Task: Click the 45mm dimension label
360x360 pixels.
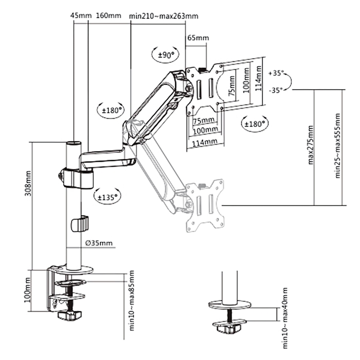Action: coord(78,16)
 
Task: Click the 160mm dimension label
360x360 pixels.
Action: coord(108,16)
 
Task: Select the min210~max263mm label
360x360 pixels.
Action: coord(164,16)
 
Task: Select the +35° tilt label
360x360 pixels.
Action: coord(276,74)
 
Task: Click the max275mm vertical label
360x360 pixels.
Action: coord(311,145)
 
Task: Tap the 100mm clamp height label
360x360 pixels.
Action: coord(27,291)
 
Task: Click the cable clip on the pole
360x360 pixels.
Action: coord(80,224)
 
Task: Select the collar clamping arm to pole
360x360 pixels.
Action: coord(77,178)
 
